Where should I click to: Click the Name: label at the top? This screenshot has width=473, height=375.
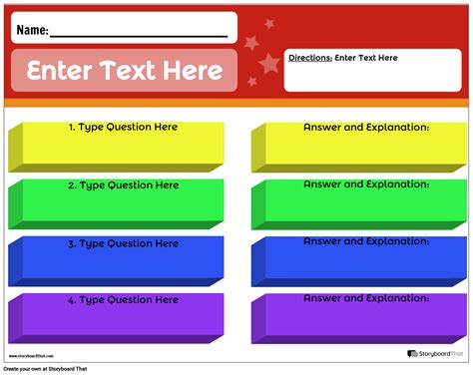(31, 31)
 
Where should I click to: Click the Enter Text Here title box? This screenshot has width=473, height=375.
(125, 71)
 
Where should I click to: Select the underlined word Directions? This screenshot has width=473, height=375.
(309, 58)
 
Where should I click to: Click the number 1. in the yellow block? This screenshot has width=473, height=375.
(72, 128)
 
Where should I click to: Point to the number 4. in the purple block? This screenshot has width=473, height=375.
(72, 300)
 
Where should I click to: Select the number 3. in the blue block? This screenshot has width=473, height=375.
(72, 243)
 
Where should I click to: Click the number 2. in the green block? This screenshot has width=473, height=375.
(72, 186)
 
